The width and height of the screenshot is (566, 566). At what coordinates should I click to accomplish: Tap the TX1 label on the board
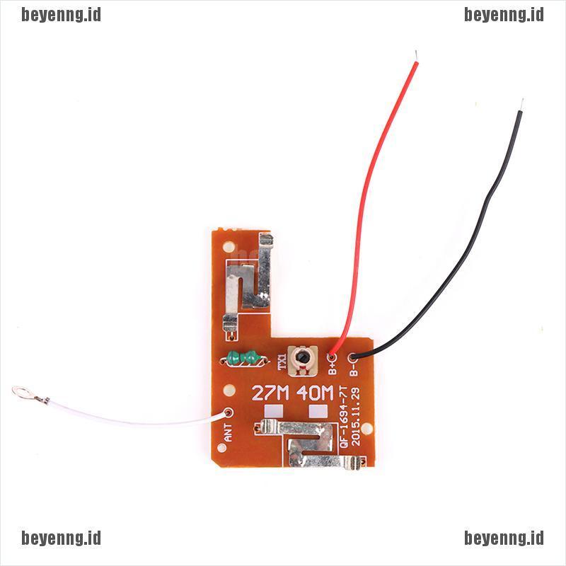[282, 362]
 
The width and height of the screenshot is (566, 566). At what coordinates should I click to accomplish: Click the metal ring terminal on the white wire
[19, 391]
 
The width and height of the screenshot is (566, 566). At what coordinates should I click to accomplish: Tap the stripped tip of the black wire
[521, 104]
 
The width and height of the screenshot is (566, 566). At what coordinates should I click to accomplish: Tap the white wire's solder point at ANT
[228, 412]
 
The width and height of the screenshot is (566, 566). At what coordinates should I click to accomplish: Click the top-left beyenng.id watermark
[62, 15]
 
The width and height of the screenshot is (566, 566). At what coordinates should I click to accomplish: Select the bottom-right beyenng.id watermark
[504, 538]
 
